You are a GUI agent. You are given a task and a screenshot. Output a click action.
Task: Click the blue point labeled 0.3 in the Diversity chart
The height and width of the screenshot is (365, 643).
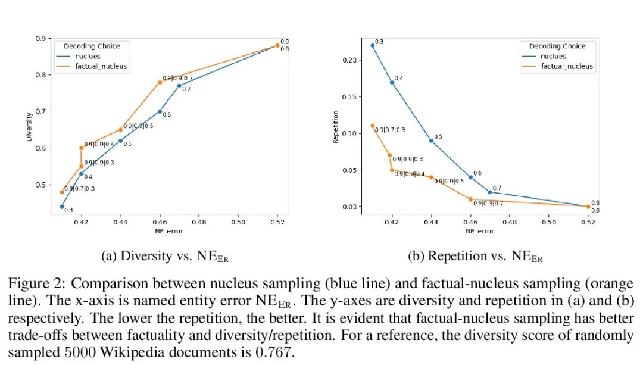(61, 207)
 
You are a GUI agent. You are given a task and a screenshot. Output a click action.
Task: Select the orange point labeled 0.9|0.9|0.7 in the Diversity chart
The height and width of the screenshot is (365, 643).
(160, 82)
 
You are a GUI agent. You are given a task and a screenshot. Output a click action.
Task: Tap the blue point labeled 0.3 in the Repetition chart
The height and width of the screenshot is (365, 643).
(372, 45)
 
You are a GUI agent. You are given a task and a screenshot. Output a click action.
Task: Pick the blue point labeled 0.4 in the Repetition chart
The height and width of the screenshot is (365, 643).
(392, 82)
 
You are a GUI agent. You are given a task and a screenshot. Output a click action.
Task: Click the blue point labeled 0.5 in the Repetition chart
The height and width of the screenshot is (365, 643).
(431, 141)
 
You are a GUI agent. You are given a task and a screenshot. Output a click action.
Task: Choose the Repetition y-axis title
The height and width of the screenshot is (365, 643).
(335, 127)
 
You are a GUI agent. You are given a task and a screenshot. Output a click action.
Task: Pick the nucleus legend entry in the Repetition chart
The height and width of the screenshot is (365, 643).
(553, 56)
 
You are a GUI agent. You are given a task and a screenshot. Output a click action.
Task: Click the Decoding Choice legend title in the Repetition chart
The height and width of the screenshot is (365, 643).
(557, 46)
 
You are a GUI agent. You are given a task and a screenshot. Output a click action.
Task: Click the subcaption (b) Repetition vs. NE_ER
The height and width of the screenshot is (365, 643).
(475, 257)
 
